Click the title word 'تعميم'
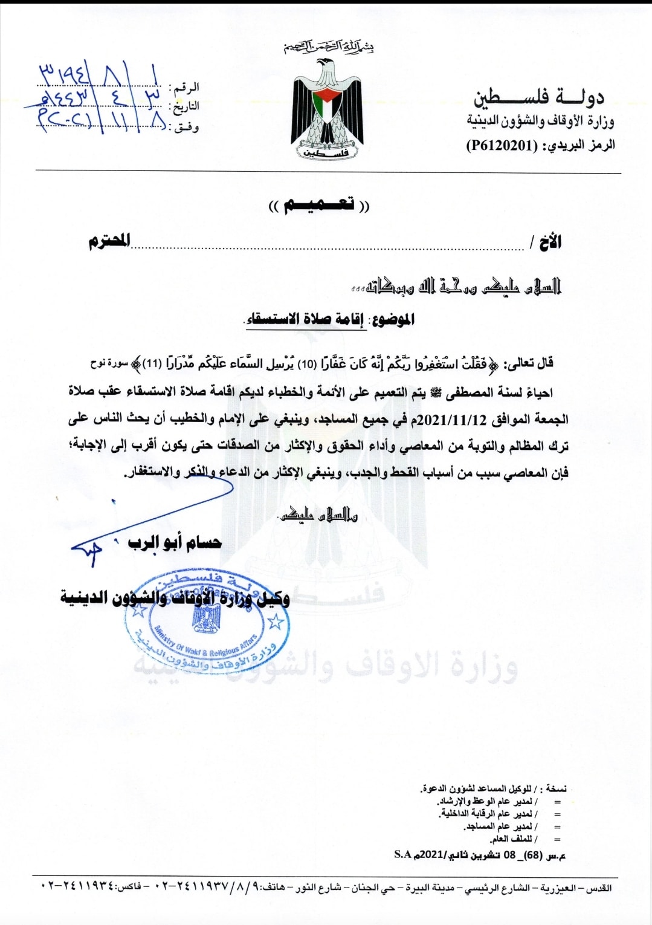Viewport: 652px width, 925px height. (x=319, y=206)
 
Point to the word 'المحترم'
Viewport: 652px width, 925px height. (x=109, y=241)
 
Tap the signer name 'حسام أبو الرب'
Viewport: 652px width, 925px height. (x=174, y=542)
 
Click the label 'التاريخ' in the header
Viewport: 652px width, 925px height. (x=186, y=107)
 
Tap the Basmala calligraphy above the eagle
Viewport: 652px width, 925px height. (x=329, y=47)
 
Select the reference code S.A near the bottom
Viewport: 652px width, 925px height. (x=402, y=854)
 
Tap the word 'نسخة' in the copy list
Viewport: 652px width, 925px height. (x=556, y=788)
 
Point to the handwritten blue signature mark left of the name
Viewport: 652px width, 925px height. (x=88, y=550)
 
